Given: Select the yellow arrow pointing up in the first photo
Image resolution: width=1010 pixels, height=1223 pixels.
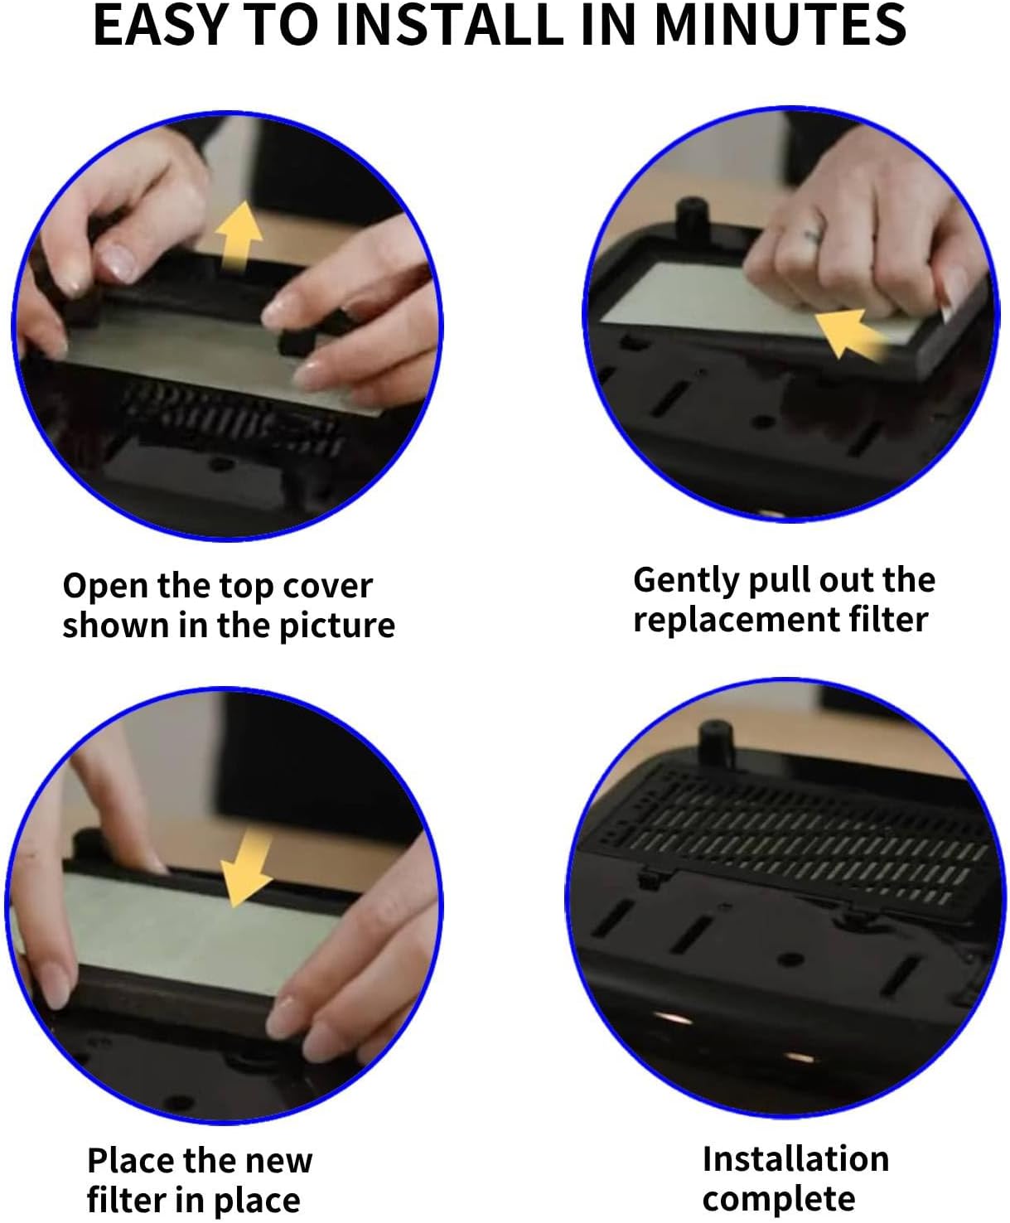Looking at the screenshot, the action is point(239,237).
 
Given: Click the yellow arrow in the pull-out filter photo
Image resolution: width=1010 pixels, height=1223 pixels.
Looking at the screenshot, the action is point(849,333).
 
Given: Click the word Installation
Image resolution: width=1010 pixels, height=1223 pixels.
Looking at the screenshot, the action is point(795,1158).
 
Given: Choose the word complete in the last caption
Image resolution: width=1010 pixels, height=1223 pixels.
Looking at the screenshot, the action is point(779,1199).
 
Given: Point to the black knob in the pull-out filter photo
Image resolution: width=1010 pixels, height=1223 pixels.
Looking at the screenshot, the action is point(693,220).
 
